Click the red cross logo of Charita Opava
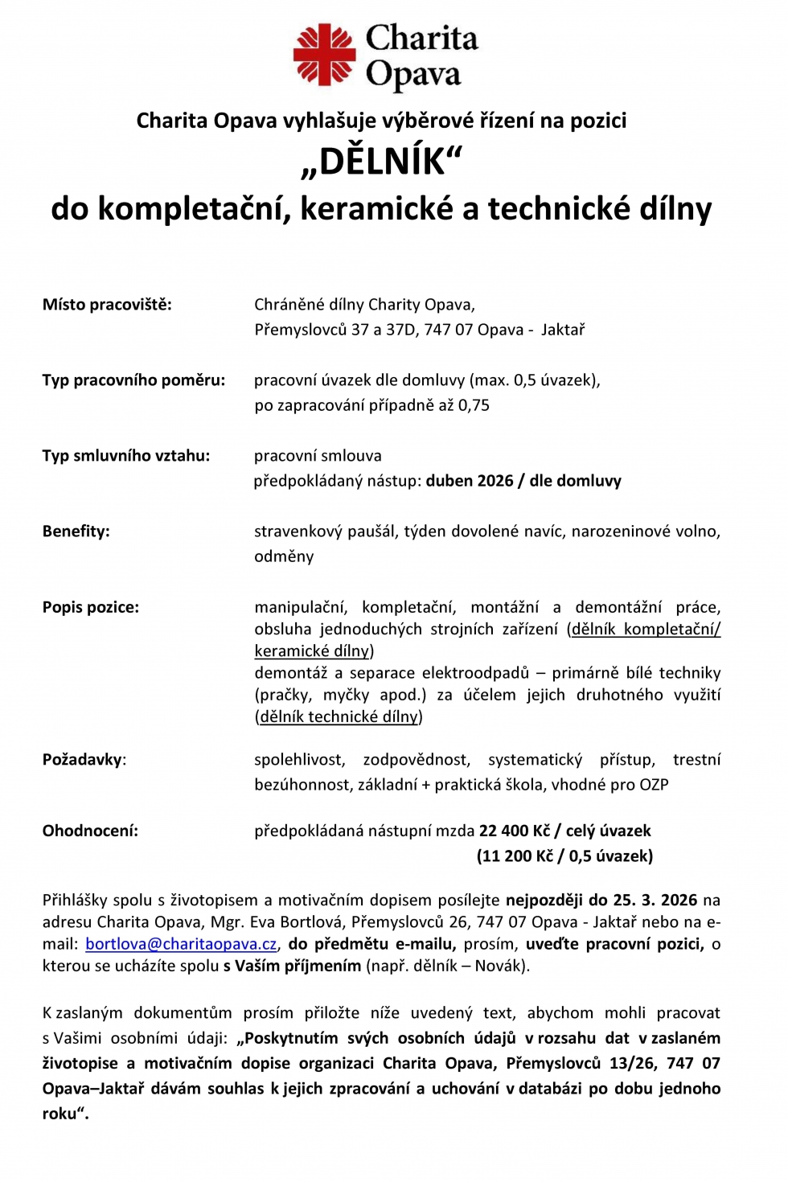324,55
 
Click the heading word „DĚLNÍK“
382,162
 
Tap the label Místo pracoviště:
107,305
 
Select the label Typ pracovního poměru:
133,380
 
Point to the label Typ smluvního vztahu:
126,456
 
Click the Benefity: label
76,531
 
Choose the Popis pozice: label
91,607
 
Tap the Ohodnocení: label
90,831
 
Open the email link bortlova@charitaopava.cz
181,944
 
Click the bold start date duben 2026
470,481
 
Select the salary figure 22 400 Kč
515,831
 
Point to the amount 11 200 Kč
515,856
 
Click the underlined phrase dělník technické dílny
339,716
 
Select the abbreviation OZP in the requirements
654,785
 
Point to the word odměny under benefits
284,556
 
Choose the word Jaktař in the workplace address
563,330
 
